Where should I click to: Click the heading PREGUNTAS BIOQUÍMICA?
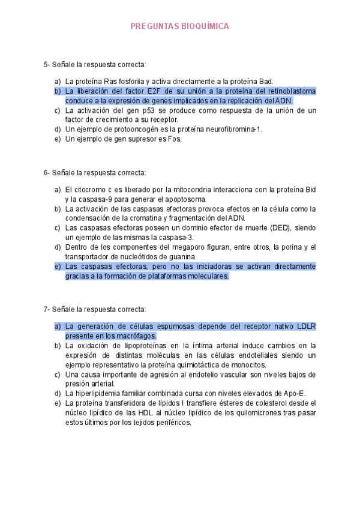(179, 26)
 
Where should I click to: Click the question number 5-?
(47, 64)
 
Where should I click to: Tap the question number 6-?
(47, 173)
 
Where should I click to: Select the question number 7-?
(47, 309)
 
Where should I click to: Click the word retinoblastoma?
(290, 91)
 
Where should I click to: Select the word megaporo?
(169, 247)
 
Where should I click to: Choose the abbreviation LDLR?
(307, 326)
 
